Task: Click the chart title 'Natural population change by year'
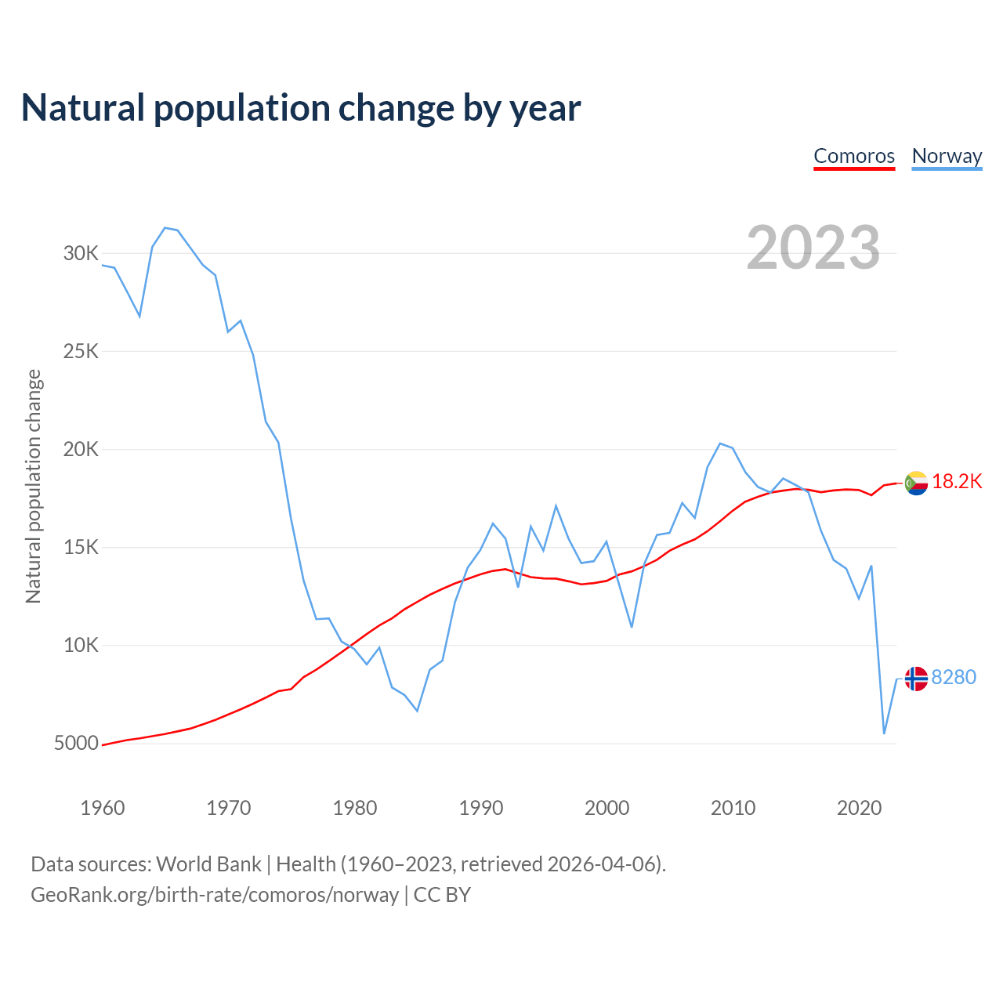301,108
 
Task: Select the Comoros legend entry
854,156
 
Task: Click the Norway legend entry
947,156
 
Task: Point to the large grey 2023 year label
813,248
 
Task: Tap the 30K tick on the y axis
81,254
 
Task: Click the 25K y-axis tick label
81,352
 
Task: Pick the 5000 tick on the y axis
77,744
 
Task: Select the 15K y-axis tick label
81,548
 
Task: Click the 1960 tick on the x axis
103,808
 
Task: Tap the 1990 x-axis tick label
481,808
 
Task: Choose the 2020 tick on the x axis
860,808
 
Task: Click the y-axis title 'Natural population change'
34,487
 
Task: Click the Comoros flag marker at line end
916,483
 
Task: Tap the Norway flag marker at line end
916,679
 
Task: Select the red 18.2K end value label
957,482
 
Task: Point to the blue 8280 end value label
954,677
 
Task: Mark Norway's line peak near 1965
165,228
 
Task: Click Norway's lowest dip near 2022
884,733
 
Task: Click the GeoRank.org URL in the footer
215,895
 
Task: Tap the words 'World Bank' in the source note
208,864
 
